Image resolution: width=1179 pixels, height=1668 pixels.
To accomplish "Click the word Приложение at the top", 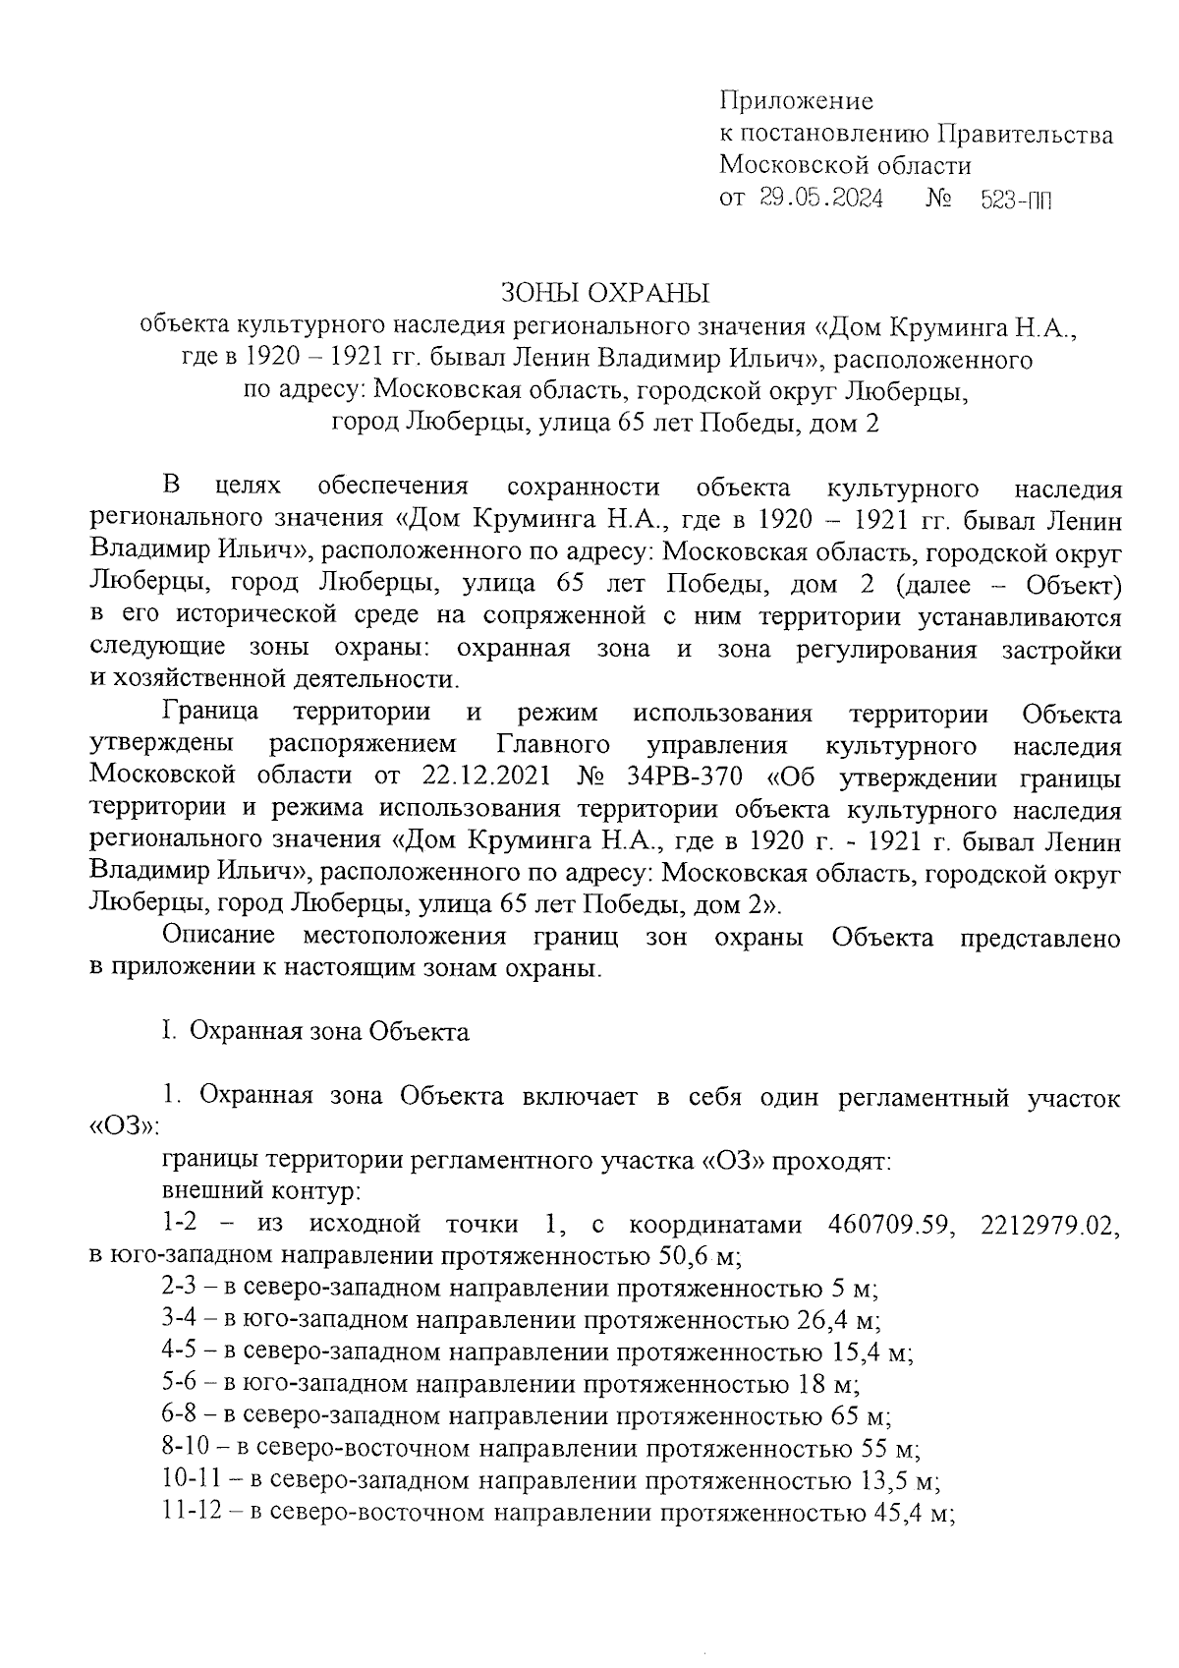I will pos(796,101).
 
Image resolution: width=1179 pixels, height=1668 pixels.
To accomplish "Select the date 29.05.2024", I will pos(820,200).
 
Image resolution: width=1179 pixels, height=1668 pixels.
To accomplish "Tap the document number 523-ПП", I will pos(1016,201).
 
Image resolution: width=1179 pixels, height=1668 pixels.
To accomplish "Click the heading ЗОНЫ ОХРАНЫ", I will pos(604,293).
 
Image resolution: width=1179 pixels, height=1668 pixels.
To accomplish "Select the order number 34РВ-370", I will pos(687,776).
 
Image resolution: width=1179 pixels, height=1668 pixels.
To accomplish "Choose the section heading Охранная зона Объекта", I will pos(329,1032).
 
